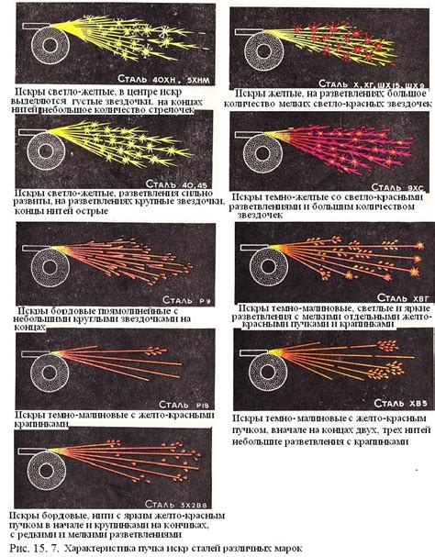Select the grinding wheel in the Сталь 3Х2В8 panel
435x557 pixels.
pyautogui.click(x=41, y=478)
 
